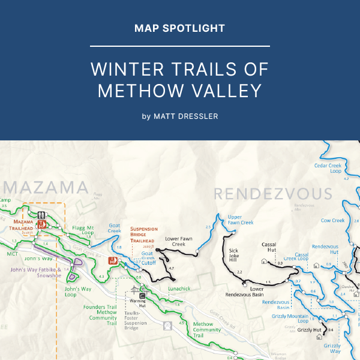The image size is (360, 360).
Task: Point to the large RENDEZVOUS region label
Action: click(x=272, y=194)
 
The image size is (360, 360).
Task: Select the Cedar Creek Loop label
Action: click(x=328, y=168)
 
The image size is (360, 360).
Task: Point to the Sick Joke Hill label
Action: click(x=233, y=255)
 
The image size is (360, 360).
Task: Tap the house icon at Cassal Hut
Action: click(x=264, y=262)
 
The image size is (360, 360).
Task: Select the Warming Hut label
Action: click(x=138, y=302)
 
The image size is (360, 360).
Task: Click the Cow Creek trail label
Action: click(x=332, y=220)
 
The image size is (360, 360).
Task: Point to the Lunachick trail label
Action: click(x=179, y=289)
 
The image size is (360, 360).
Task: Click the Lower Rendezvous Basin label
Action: click(x=244, y=292)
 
